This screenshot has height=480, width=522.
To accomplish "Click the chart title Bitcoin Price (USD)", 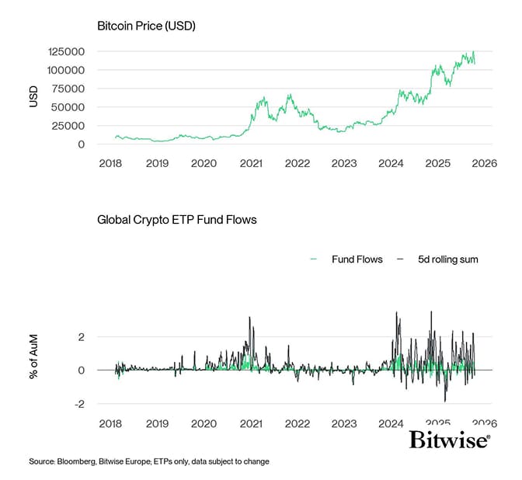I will pos(146,26).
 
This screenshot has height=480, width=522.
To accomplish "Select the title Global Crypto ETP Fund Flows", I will pos(176,220).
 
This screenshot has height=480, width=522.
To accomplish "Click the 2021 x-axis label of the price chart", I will pos(250,164).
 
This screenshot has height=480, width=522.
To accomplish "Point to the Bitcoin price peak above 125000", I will pos(473,52).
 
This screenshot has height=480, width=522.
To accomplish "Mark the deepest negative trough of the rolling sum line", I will pos(445,401).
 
